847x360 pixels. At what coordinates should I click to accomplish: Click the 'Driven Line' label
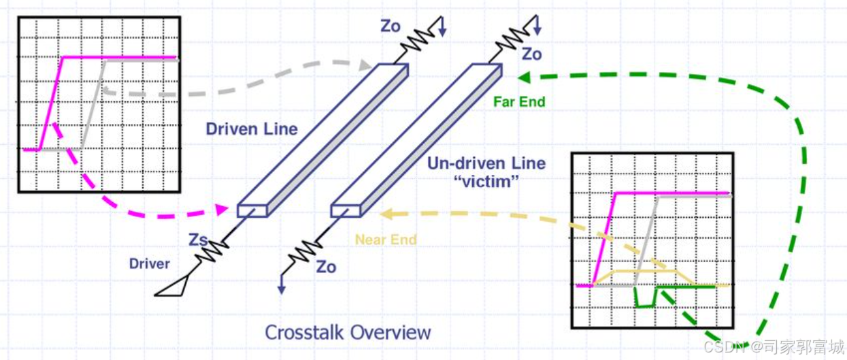(x=252, y=128)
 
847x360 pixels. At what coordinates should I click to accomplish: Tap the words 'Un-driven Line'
(x=486, y=163)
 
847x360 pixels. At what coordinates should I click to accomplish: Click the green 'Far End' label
(x=520, y=102)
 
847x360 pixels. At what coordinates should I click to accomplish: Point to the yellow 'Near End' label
(x=385, y=240)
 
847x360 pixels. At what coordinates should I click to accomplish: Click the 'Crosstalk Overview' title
(x=348, y=332)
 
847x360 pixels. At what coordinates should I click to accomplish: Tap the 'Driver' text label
(x=150, y=263)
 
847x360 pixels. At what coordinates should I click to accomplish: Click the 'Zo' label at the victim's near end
(x=326, y=267)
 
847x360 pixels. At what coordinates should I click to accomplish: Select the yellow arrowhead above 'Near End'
(x=386, y=215)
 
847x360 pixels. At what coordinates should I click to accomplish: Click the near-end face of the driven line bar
(x=252, y=210)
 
